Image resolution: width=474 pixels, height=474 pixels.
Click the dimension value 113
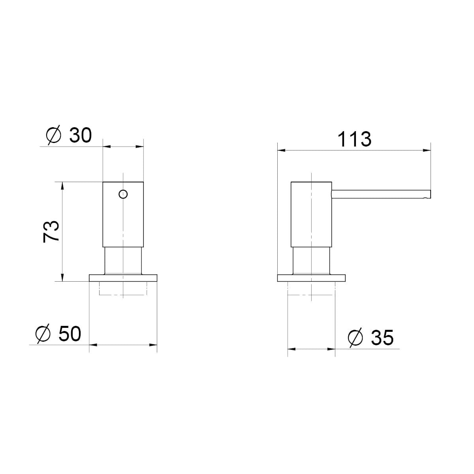pos(354,139)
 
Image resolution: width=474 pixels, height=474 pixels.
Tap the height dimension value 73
pos(51,231)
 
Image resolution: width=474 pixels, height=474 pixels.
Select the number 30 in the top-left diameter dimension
pos(81,135)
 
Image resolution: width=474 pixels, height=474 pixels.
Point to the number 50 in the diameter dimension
pos(70,334)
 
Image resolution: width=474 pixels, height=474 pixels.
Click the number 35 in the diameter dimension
pos(382,338)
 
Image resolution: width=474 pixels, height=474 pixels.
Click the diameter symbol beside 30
pos(54,135)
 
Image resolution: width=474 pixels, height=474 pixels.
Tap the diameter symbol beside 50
pos(43,334)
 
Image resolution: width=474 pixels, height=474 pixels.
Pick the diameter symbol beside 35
pos(355,338)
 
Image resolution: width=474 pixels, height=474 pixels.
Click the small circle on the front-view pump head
pos(123,194)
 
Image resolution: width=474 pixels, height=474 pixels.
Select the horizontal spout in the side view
pos(381,194)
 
